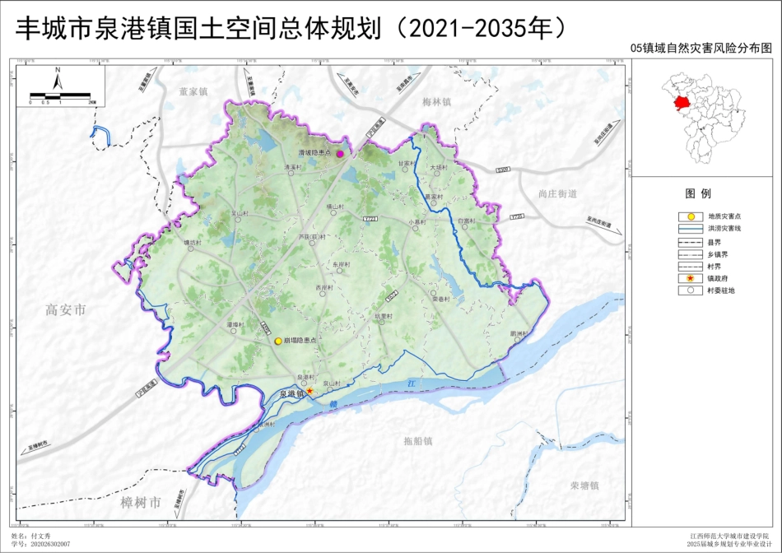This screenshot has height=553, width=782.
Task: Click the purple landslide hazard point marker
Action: coord(339,154)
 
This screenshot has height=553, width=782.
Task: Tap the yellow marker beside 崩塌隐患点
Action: coord(278,341)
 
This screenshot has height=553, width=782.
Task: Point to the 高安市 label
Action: coord(66,310)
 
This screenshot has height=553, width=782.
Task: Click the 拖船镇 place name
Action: coord(418,442)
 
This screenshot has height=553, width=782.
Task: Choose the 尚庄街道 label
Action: coord(557,193)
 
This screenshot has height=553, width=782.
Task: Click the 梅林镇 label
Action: coord(437,102)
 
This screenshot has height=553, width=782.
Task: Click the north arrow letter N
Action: coord(58,71)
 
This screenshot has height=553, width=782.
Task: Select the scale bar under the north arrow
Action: coord(63,96)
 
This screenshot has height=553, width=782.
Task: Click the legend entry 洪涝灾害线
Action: coord(724,228)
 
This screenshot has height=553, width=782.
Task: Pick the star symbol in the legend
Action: coord(690,278)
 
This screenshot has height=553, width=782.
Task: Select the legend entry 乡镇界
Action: coord(717,254)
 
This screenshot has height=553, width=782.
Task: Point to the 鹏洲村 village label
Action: coord(518,333)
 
